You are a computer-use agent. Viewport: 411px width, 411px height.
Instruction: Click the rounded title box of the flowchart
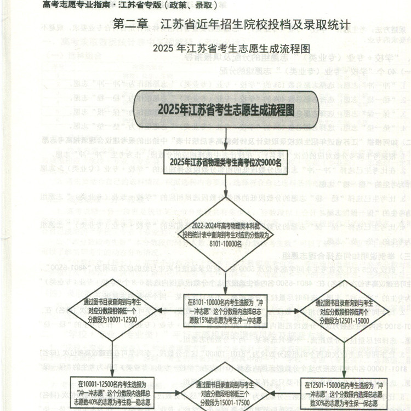pos(226,109)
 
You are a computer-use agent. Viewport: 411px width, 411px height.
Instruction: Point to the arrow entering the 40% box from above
pos(112,362)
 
